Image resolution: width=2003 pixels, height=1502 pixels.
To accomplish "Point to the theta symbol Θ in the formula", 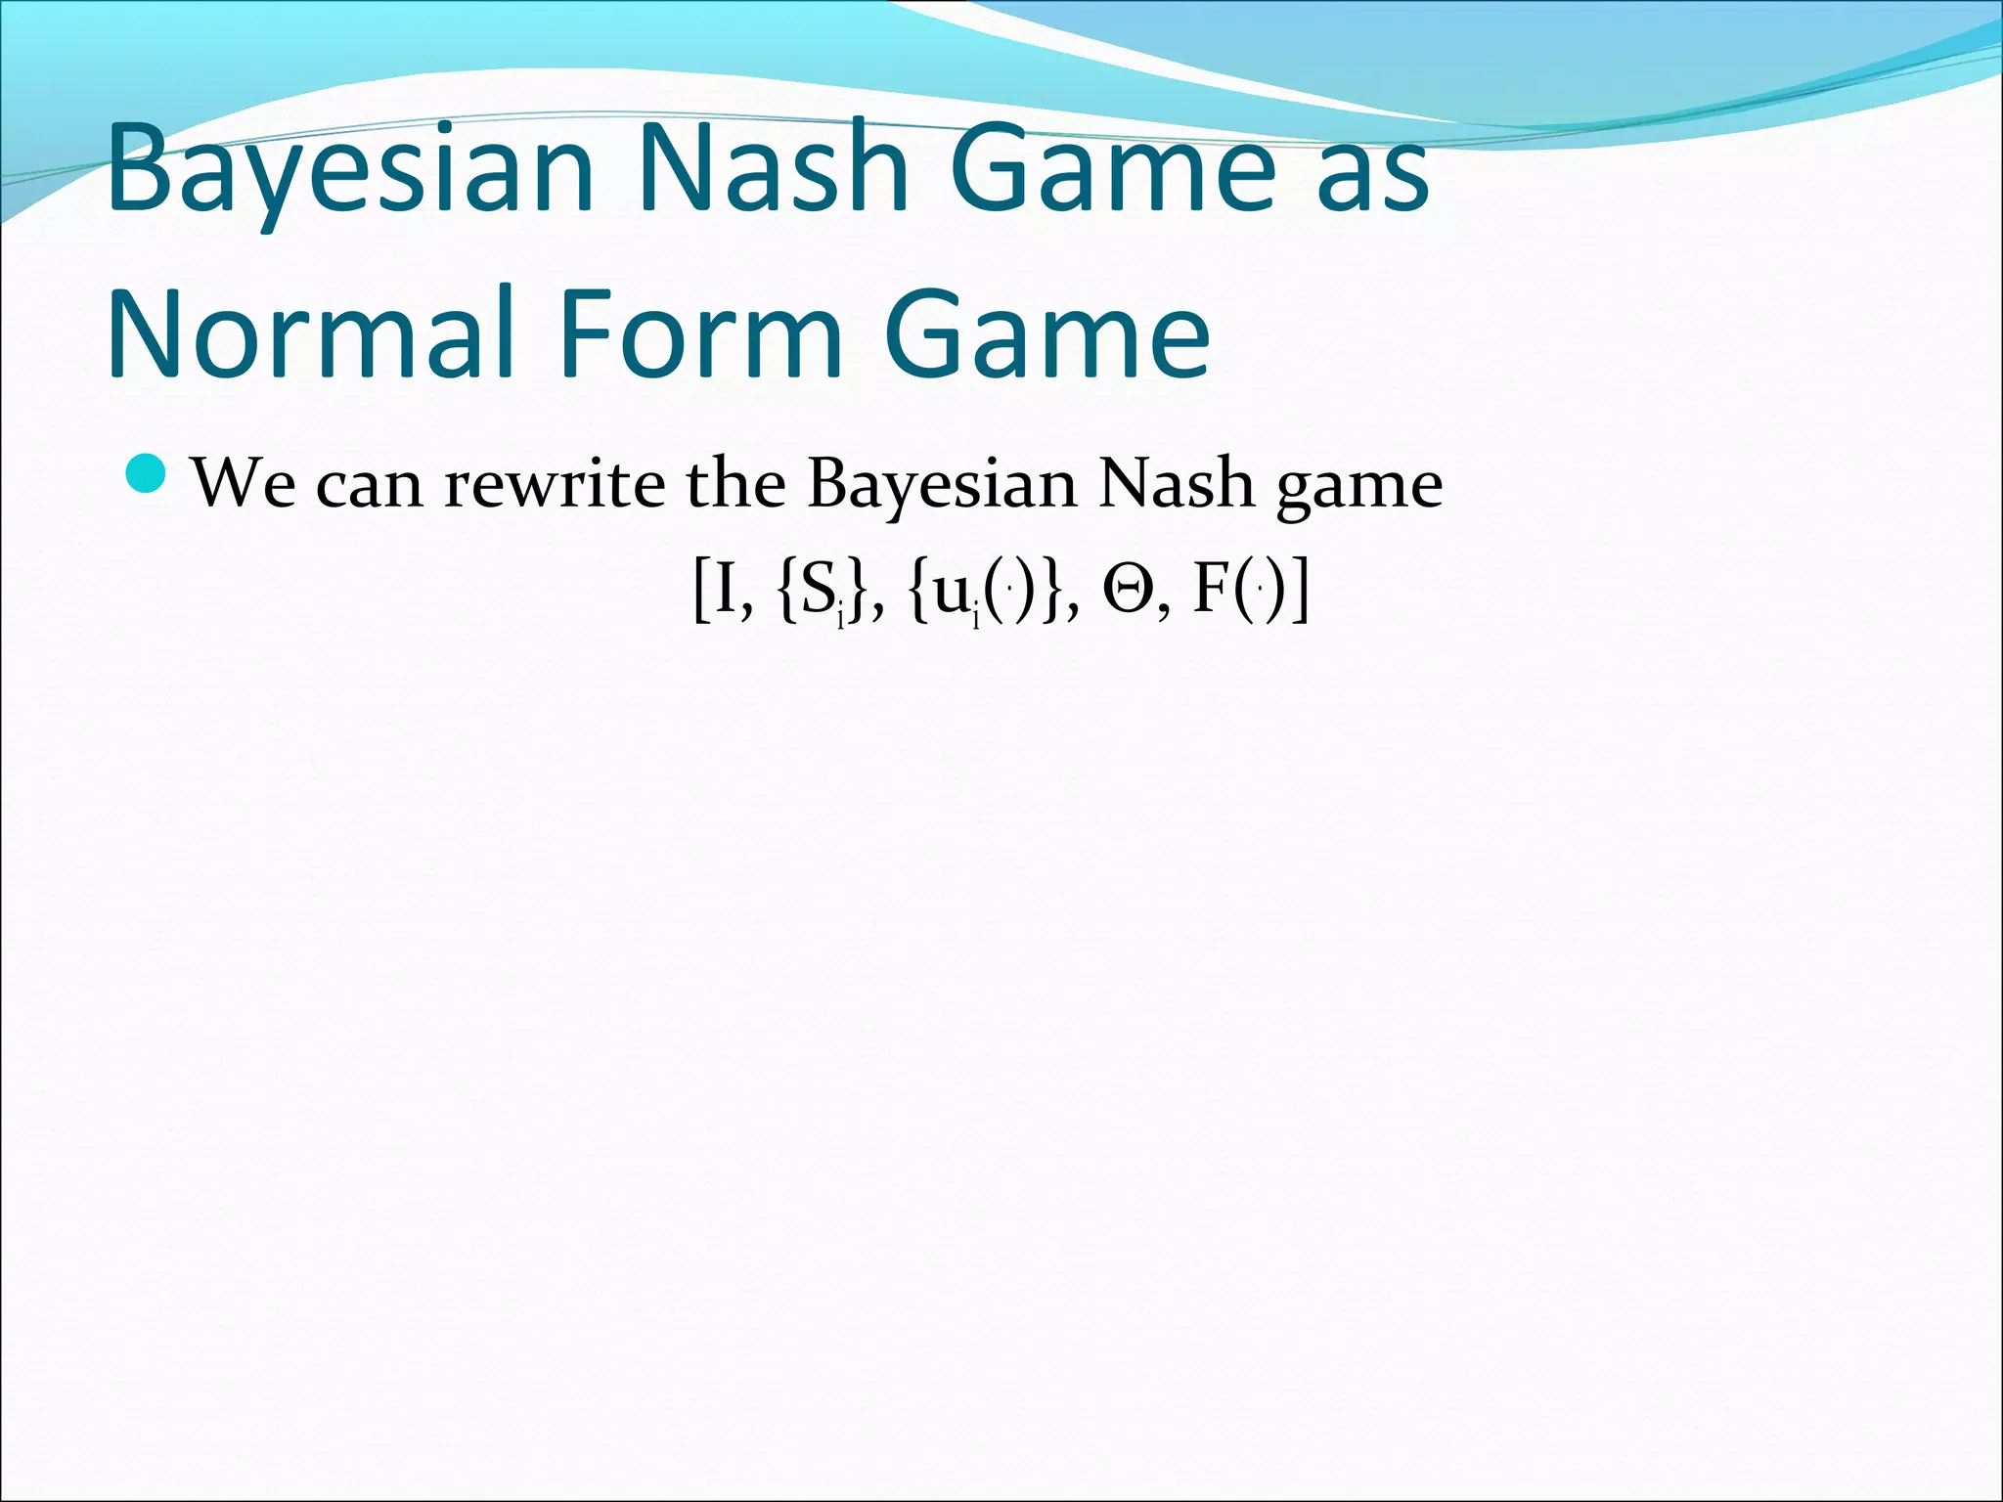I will pyautogui.click(x=1128, y=593).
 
